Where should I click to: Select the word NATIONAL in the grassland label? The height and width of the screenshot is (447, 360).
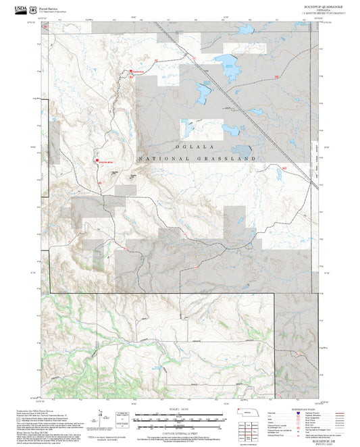(x=161, y=159)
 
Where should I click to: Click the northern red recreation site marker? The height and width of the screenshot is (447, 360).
(x=131, y=72)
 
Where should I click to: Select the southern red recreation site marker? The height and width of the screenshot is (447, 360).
(x=96, y=161)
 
